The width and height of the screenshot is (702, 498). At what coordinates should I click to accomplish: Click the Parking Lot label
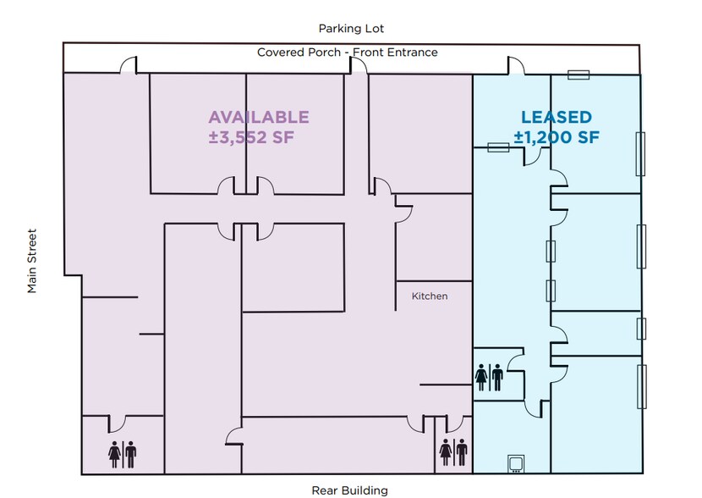click(x=351, y=29)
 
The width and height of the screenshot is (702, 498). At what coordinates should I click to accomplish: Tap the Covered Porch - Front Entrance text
click(x=348, y=53)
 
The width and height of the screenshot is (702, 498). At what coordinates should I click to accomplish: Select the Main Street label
click(x=32, y=262)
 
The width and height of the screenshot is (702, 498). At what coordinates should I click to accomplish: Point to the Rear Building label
click(x=349, y=490)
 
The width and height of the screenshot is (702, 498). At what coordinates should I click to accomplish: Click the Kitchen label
click(x=429, y=296)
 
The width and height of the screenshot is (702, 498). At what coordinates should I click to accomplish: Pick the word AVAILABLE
click(x=259, y=117)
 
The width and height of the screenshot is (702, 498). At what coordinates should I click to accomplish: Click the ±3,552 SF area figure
click(x=251, y=137)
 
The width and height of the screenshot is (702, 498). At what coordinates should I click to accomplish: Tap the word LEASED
click(x=556, y=118)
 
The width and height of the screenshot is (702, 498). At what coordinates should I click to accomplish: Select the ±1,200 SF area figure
click(x=556, y=137)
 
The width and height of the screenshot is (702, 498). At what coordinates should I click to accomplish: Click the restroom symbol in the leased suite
click(x=490, y=377)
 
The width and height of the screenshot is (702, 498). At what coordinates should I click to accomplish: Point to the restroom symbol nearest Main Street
click(x=122, y=453)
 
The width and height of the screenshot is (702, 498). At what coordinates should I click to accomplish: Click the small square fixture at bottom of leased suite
click(x=515, y=463)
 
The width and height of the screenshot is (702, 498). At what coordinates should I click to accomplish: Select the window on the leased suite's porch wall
click(x=579, y=75)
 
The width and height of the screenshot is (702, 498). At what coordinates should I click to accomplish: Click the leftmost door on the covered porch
click(x=128, y=66)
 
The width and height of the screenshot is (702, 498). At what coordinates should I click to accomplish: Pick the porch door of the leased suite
click(x=516, y=66)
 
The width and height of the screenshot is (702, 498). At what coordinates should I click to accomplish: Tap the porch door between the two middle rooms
click(x=359, y=66)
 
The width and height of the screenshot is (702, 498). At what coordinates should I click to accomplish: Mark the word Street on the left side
click(x=32, y=246)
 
